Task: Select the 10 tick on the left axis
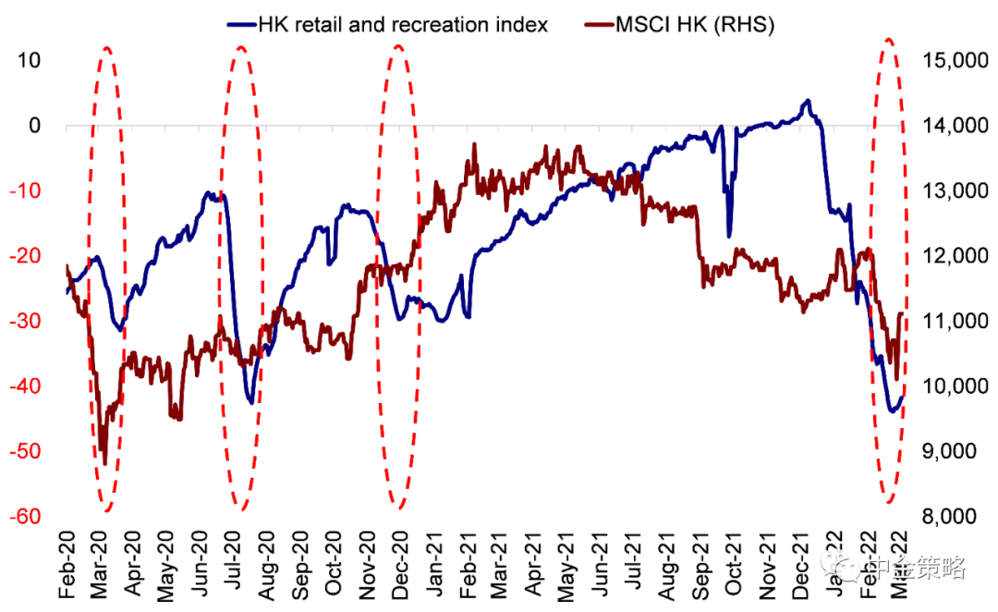pos(30,61)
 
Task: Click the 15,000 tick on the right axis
pos(951,61)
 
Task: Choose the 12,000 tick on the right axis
pos(951,256)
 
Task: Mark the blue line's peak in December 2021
pos(808,101)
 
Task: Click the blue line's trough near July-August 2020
pos(250,402)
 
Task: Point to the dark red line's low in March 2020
pos(104,464)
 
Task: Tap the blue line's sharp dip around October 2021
pos(729,236)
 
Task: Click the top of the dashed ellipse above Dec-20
pos(399,44)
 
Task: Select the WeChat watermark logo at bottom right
pos(846,565)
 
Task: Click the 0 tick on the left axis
pos(37,126)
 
